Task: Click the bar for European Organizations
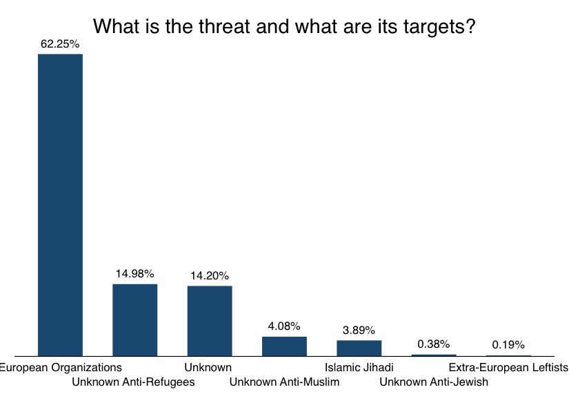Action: coord(60,205)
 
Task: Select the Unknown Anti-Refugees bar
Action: coord(135,320)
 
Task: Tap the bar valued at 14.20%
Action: coord(210,321)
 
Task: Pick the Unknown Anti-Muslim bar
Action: coord(284,346)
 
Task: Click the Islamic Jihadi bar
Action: coord(359,348)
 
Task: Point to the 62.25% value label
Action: coord(60,43)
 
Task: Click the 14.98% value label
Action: coord(135,274)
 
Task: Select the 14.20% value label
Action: coord(210,276)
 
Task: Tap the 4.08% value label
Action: coord(284,326)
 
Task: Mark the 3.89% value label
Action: coord(359,330)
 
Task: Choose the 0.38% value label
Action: coord(433,344)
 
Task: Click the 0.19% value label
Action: coord(508,345)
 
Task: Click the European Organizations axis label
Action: coord(61,367)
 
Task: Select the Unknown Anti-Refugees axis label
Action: coord(133,382)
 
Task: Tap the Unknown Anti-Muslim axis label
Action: coord(284,382)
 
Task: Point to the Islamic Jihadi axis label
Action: coord(359,367)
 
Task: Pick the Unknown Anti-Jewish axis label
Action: coord(434,382)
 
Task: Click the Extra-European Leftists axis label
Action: coord(508,367)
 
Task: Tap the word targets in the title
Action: coord(428,26)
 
